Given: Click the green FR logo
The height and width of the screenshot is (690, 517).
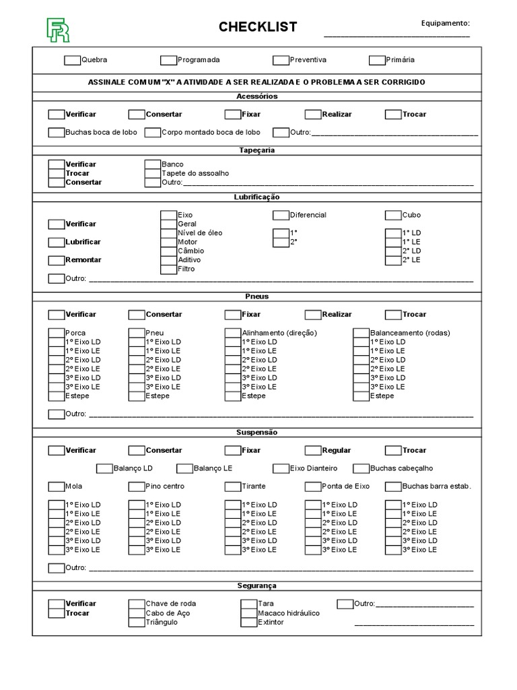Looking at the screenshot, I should tap(57, 30).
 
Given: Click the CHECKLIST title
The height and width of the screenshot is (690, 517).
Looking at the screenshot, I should tap(257, 27).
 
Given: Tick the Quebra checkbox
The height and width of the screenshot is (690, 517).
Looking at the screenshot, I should tap(72, 60).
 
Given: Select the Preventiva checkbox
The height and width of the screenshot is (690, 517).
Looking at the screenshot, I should tap(281, 60).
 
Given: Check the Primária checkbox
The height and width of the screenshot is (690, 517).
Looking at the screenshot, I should tap(377, 60).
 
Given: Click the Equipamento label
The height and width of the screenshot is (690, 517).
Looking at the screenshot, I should tap(445, 23).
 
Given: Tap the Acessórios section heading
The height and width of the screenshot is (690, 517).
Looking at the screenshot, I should tap(257, 96).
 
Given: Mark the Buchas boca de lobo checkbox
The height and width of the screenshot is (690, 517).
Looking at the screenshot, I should tap(57, 133).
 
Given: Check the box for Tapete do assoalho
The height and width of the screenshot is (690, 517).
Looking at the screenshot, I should tap(153, 173).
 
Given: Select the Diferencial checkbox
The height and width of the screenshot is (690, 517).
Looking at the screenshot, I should tap(281, 216).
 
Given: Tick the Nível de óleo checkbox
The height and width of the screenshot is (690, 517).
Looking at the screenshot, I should tap(168, 233).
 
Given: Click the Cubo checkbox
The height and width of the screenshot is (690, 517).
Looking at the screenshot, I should tap(393, 216).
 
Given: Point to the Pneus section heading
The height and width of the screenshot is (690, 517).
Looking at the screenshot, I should tap(257, 296).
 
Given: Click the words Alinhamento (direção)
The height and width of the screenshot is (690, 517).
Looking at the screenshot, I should tap(279, 333).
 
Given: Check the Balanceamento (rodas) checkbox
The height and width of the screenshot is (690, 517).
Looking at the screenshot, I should tap(361, 333).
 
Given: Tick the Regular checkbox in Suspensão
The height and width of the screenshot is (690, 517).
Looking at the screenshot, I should tap(313, 450).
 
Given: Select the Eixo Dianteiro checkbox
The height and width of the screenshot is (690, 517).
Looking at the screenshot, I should tap(281, 468).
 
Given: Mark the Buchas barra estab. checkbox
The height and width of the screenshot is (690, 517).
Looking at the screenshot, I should tap(393, 487).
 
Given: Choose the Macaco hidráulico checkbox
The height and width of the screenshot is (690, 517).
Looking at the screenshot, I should tap(248, 613).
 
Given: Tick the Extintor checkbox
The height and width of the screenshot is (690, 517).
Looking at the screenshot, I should tap(248, 623).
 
